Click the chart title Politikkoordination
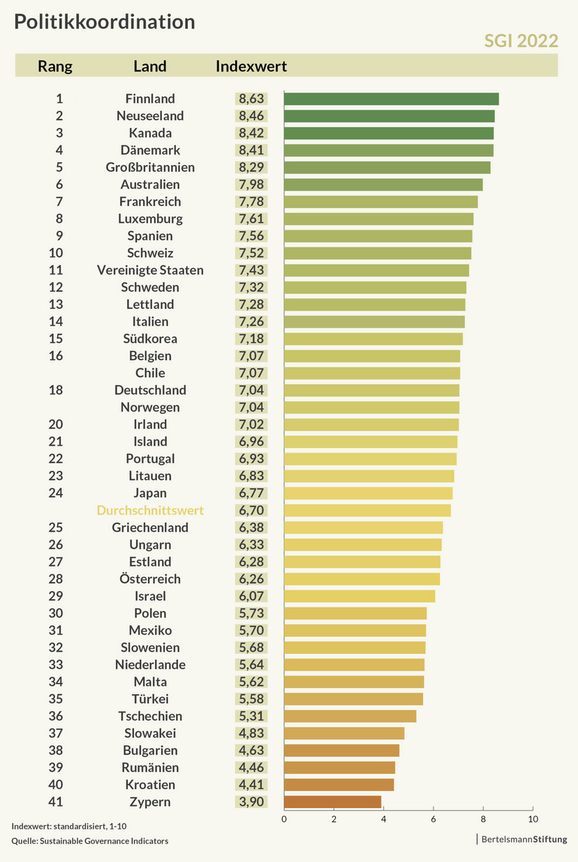coord(105,22)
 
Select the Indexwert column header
coord(251,66)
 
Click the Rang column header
coord(55,66)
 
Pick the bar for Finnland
coord(391,98)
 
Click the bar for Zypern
coord(332,801)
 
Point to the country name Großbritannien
coord(150,167)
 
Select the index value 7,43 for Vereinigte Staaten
coord(251,270)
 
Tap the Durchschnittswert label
coord(150,510)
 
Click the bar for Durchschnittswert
coord(367,510)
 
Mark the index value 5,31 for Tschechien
coord(251,716)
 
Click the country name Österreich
coord(150,578)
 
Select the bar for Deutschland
coord(371,390)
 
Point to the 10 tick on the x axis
coord(533,819)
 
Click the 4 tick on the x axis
coord(383,819)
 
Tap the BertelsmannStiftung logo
coord(524,839)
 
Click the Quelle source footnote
coord(90,841)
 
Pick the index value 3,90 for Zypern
coord(251,801)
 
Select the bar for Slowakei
coord(343,733)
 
